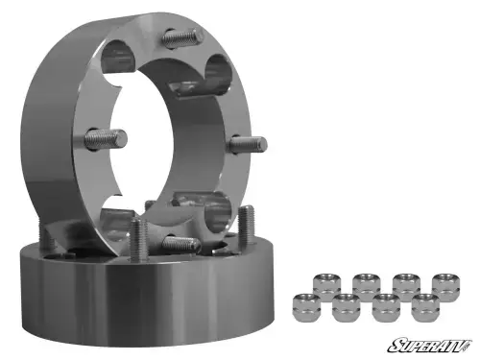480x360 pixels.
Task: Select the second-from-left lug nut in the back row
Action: tap(365, 284)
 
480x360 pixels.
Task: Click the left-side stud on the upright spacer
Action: tap(98, 138)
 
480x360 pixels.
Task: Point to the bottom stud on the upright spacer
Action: tap(180, 244)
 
